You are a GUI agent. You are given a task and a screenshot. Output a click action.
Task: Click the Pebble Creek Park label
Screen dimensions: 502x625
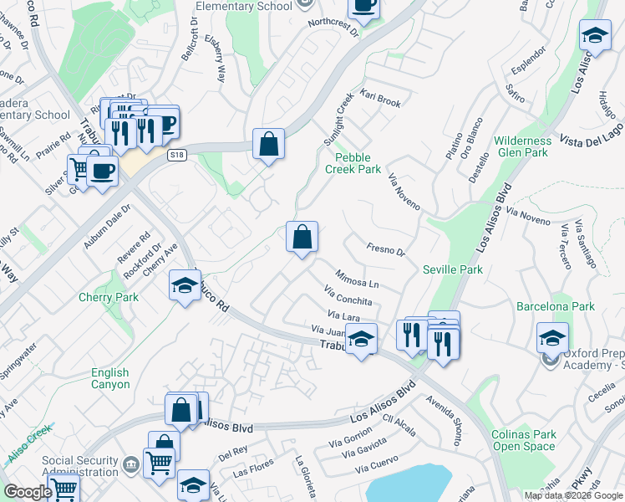click(x=358, y=162)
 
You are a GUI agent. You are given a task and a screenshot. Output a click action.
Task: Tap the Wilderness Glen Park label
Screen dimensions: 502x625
click(x=521, y=146)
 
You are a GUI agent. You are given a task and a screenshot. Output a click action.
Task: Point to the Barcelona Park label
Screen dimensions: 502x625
click(x=555, y=306)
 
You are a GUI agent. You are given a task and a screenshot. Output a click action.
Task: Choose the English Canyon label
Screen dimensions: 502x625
click(x=110, y=378)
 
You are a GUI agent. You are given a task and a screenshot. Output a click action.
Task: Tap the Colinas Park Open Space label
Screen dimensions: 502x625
click(x=523, y=440)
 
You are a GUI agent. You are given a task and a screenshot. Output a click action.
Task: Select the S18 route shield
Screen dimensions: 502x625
click(x=175, y=155)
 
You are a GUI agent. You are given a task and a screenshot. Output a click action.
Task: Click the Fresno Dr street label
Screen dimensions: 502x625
click(x=385, y=249)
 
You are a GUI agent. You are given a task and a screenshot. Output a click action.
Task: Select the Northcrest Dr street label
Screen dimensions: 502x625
click(x=332, y=28)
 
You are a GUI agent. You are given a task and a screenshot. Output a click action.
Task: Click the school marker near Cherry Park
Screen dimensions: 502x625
click(x=185, y=286)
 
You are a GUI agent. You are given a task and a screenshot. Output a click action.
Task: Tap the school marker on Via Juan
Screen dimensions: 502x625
click(x=361, y=339)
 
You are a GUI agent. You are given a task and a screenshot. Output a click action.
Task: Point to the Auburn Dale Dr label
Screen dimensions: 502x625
click(x=107, y=228)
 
